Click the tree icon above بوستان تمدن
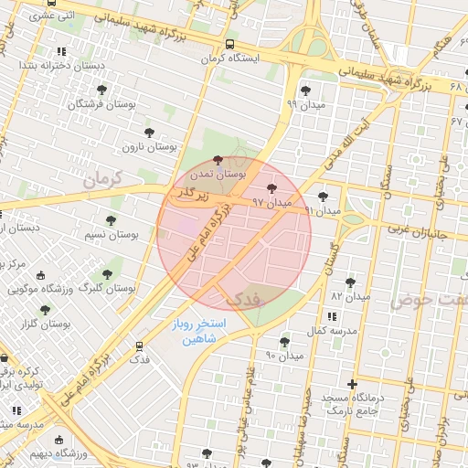[x=217, y=160]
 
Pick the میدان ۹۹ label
[x=304, y=104]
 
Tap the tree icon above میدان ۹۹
[x=304, y=90]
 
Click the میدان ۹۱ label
[x=322, y=210]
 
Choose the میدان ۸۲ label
[x=350, y=297]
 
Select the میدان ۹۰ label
[x=283, y=355]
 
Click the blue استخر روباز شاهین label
[x=203, y=332]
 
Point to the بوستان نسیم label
[x=112, y=235]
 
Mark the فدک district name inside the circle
[x=241, y=298]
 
